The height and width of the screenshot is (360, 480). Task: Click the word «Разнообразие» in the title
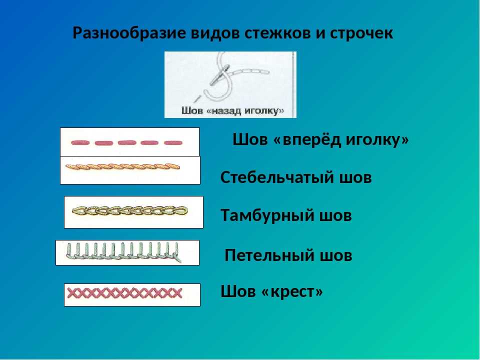[129, 33]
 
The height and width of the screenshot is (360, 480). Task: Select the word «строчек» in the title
[361, 33]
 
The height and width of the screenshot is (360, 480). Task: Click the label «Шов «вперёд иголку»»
[320, 139]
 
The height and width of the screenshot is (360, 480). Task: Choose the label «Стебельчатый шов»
[296, 177]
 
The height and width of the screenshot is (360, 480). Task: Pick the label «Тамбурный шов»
[286, 215]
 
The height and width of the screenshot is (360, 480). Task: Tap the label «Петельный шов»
[288, 255]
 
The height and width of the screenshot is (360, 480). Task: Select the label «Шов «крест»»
[271, 291]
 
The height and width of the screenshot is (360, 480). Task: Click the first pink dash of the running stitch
[80, 142]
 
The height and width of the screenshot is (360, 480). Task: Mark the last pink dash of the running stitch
[173, 142]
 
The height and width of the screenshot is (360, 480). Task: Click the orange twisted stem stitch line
[123, 167]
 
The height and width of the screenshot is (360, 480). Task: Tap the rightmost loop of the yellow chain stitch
[181, 210]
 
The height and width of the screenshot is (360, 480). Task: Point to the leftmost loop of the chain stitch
[78, 210]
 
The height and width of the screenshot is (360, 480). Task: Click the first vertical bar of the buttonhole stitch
[69, 249]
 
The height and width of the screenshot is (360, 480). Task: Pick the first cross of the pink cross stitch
[72, 293]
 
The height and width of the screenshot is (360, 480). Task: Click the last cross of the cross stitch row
[177, 293]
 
